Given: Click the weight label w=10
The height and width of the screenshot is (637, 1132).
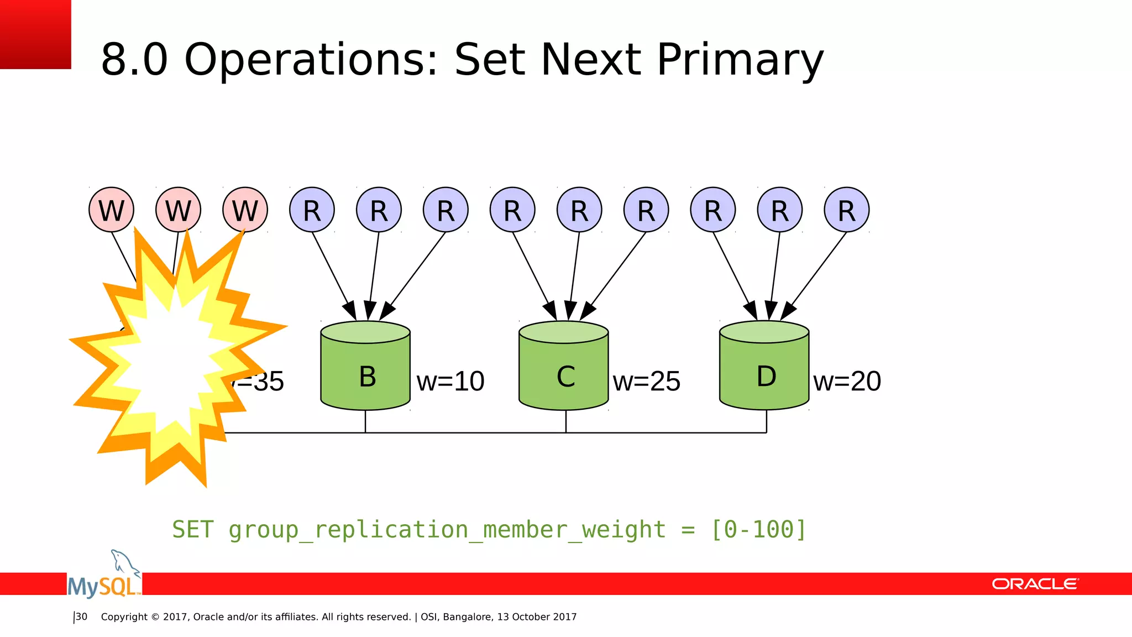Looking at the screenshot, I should click(450, 382).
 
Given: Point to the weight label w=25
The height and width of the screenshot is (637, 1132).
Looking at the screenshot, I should click(647, 382).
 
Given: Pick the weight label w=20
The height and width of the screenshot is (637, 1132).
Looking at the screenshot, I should click(847, 382).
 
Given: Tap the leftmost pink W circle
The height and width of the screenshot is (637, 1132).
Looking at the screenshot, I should click(112, 210).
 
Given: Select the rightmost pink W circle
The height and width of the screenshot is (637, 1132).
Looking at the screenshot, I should click(245, 210).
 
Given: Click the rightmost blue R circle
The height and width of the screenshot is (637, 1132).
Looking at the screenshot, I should click(846, 210).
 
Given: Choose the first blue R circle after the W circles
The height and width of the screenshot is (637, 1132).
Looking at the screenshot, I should click(312, 210).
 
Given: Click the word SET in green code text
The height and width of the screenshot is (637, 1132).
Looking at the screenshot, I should click(192, 529).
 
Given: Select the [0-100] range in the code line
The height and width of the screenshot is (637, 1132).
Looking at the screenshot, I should click(758, 529).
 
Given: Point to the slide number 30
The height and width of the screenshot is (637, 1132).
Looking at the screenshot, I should click(81, 617).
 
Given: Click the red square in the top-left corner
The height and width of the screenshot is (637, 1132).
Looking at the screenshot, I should click(35, 34).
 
